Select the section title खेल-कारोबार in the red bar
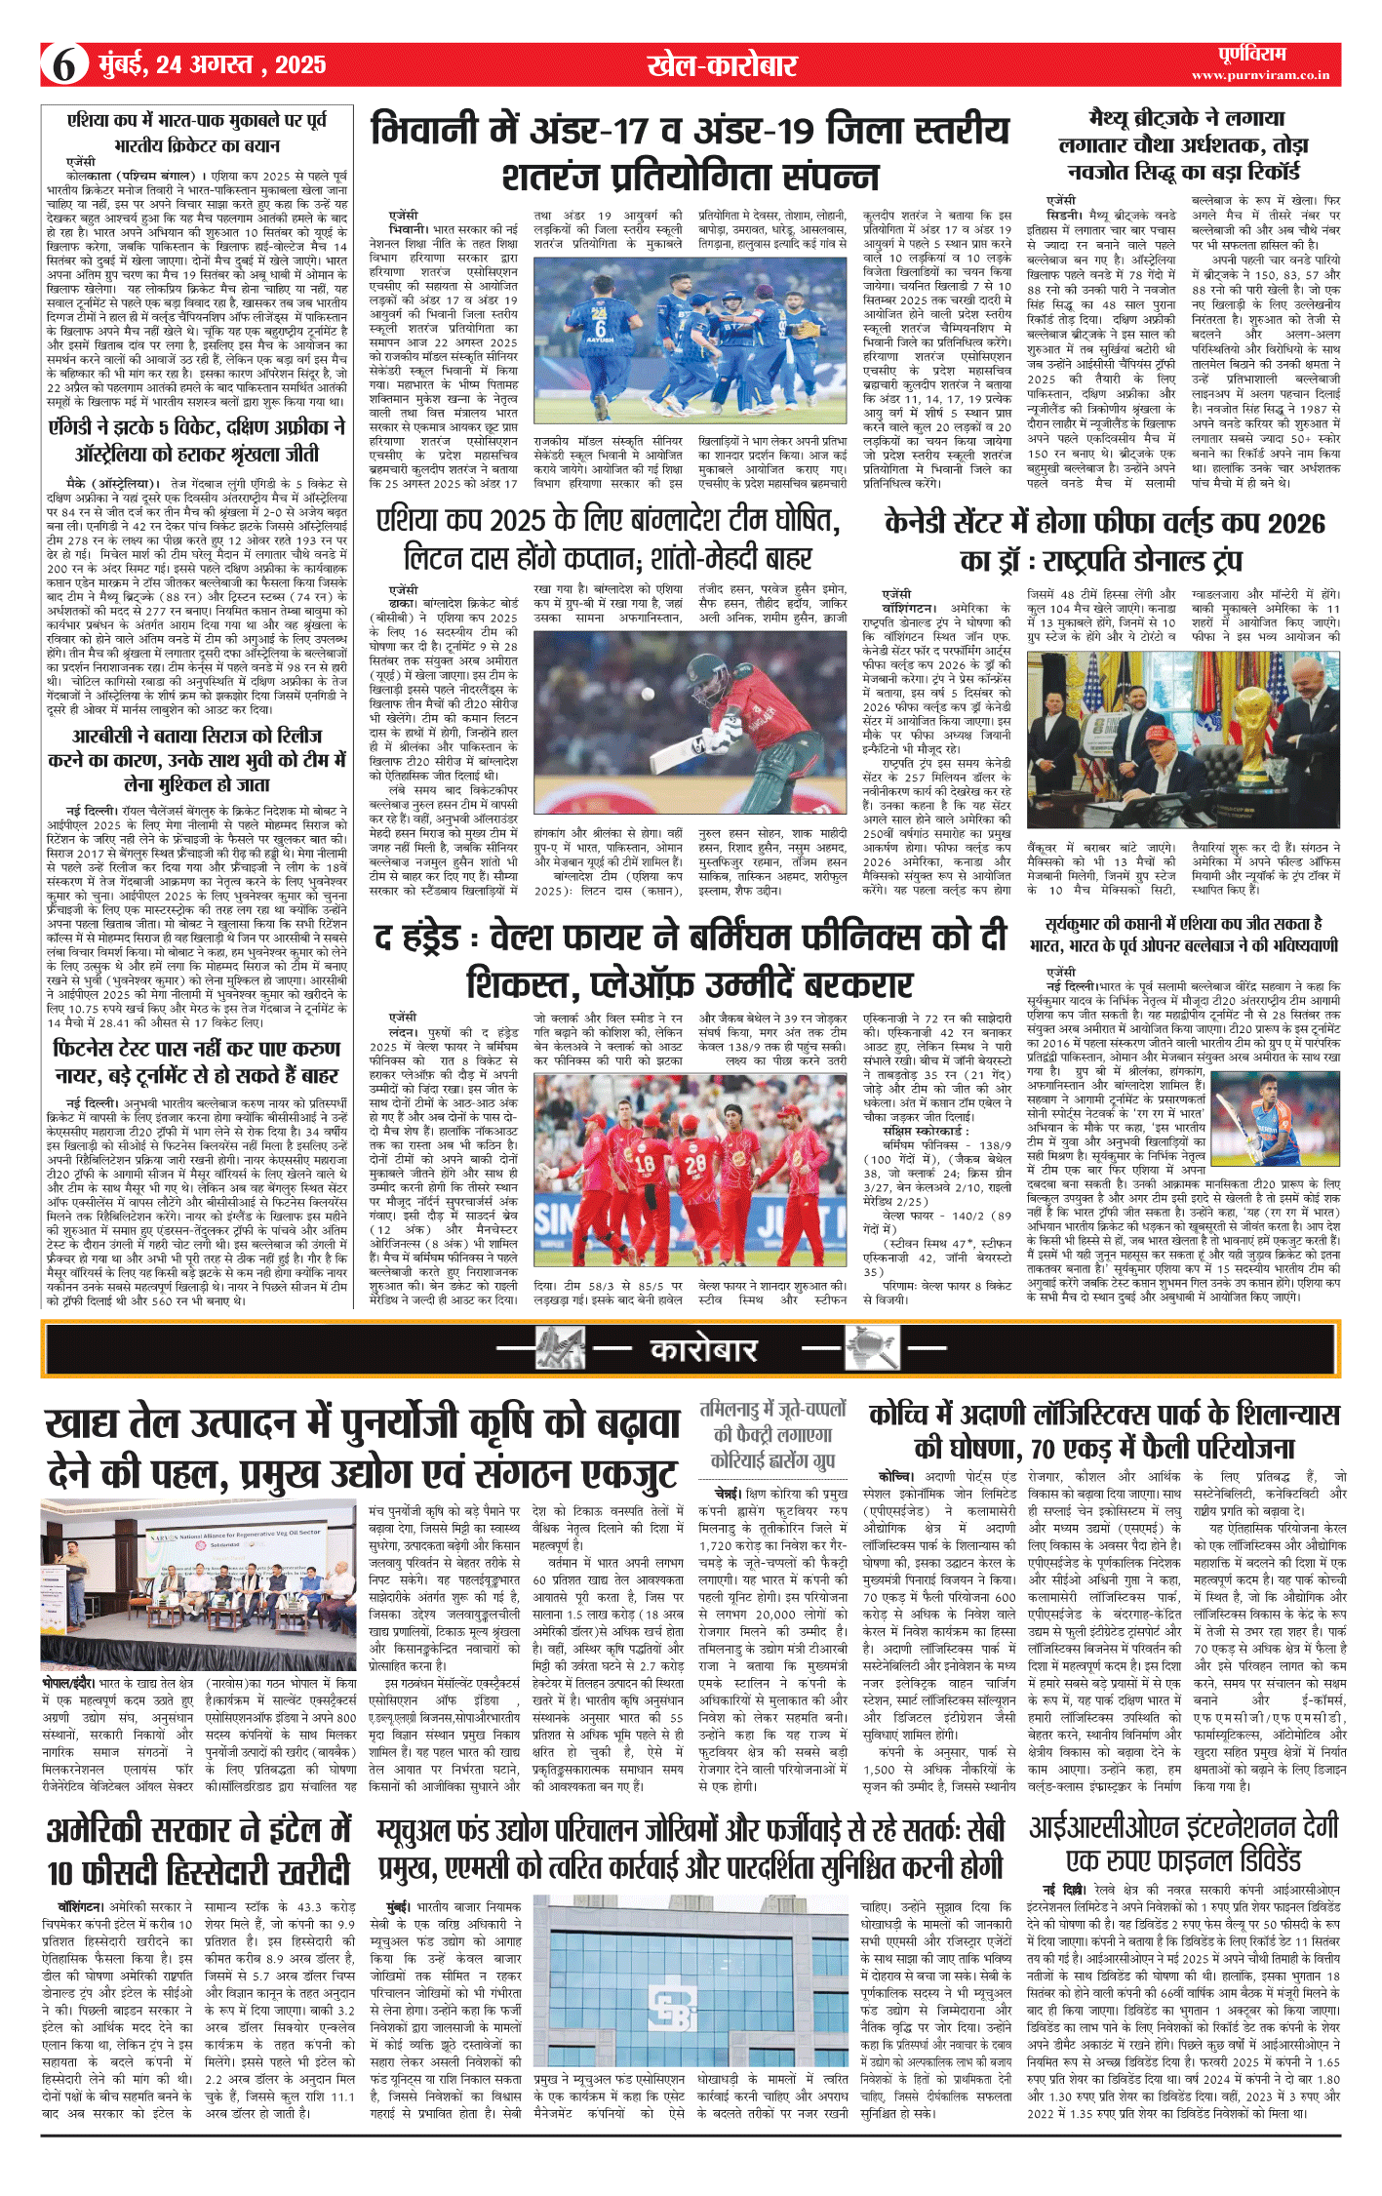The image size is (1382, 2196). pyautogui.click(x=722, y=65)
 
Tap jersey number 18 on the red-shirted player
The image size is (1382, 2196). pyautogui.click(x=645, y=1164)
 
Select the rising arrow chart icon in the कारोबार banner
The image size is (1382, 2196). pyautogui.click(x=560, y=1349)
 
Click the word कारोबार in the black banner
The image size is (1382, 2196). pyautogui.click(x=703, y=1350)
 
